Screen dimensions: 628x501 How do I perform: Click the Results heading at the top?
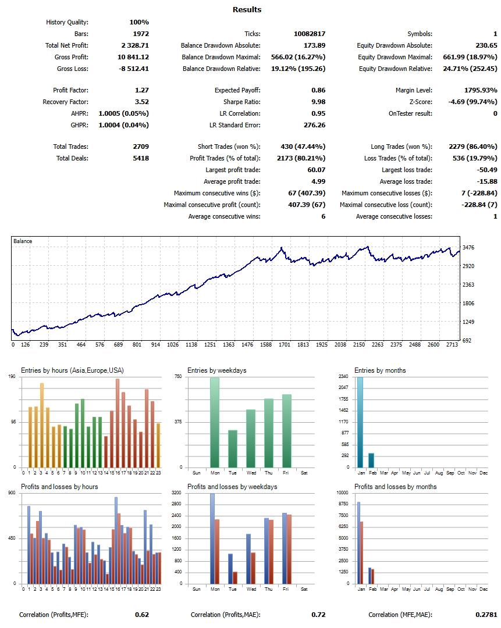247,9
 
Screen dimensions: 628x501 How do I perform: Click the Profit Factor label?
70,90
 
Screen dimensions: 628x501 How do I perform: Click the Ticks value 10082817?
310,34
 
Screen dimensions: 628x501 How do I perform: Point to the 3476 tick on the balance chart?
469,248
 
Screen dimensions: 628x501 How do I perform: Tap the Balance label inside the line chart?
23,241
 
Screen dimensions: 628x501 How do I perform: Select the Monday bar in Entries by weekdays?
215,422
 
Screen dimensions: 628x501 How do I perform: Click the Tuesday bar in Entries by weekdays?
233,448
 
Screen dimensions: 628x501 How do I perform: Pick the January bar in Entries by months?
360,422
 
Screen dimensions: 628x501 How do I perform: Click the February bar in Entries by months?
371,460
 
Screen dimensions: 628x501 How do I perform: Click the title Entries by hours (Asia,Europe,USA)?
72,370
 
